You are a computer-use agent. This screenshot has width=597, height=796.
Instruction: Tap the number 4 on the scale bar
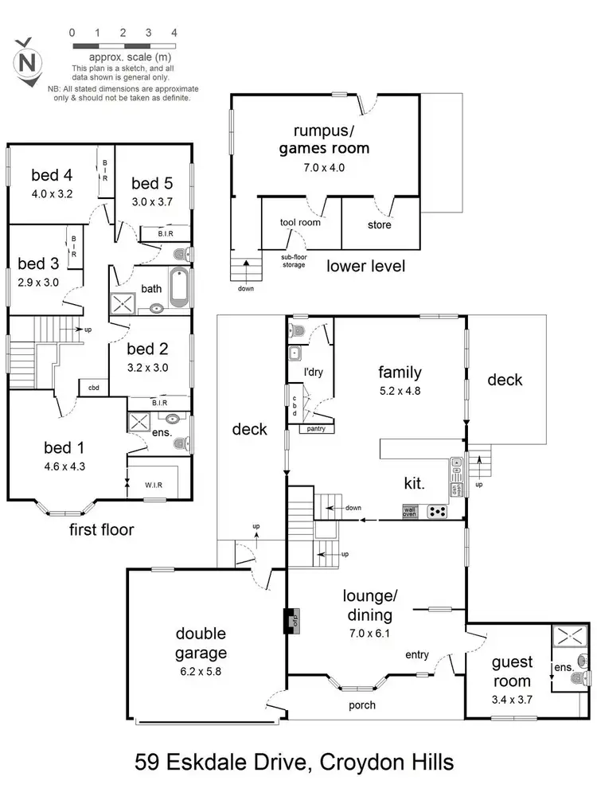tap(174, 33)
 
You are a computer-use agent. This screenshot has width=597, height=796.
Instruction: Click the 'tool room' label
tap(300, 224)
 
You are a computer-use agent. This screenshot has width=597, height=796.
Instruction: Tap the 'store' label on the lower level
tap(380, 225)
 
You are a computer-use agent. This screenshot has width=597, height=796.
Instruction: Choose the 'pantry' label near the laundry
tap(310, 429)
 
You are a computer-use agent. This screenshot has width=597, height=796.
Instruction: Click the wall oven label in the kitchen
tap(410, 510)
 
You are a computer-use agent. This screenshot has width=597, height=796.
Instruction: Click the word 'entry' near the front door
tap(417, 655)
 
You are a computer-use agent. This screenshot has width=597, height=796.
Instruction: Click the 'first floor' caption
tap(100, 529)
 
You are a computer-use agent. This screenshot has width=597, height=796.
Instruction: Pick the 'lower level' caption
tap(366, 266)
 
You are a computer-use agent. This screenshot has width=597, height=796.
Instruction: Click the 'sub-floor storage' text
tap(295, 261)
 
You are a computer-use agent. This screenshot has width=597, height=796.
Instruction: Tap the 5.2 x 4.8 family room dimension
tap(400, 391)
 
